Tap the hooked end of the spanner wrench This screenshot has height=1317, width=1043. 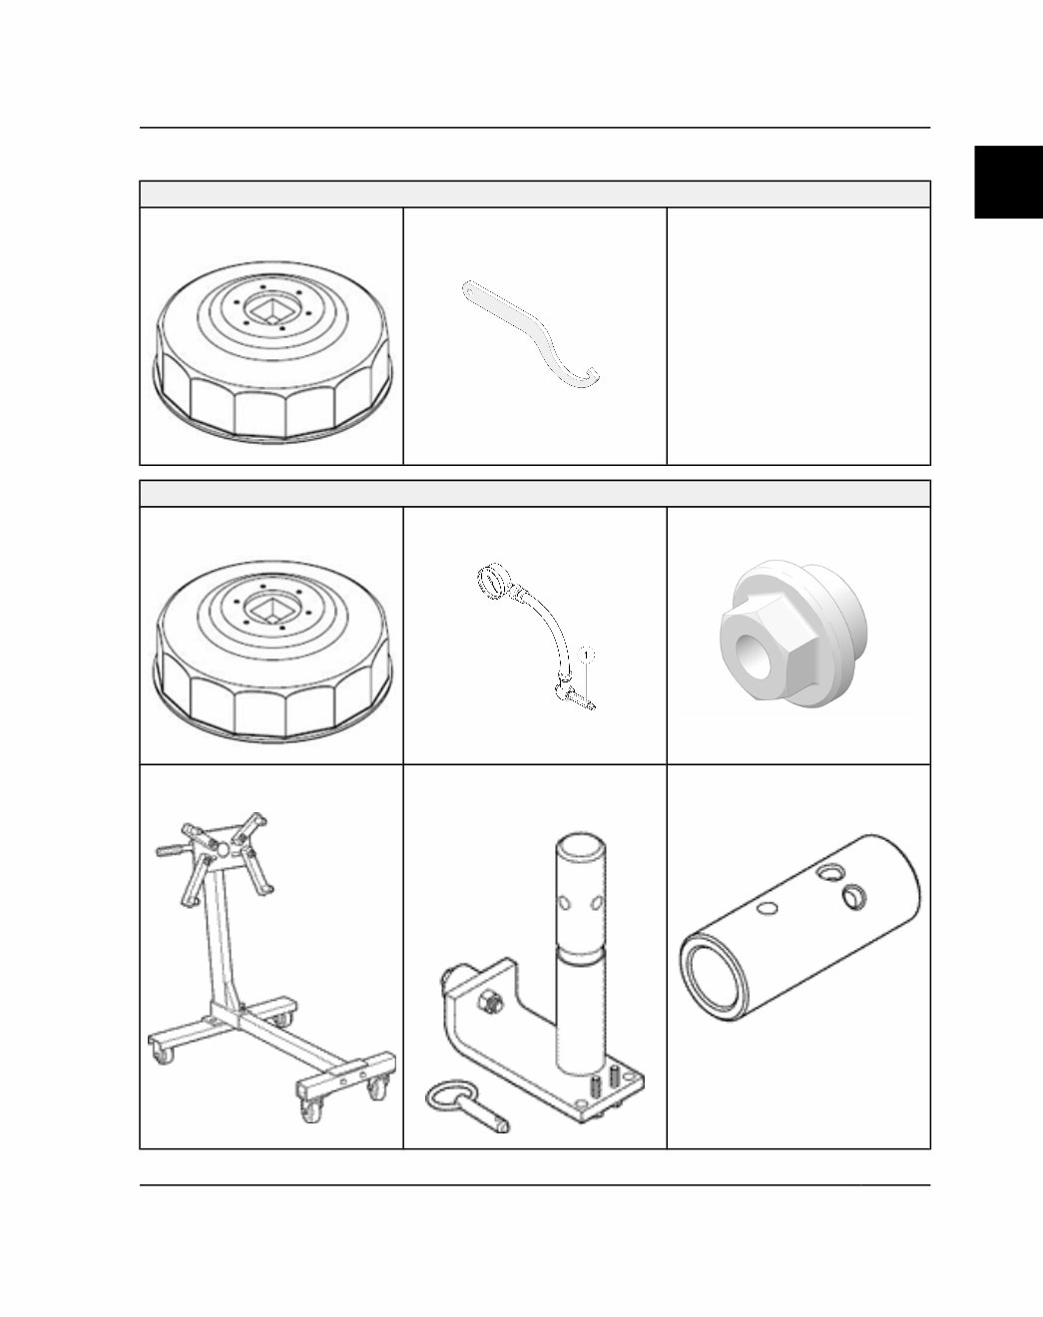590,376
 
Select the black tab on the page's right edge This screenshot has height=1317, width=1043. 1008,182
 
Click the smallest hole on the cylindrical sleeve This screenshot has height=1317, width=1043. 768,908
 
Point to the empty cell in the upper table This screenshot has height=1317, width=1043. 797,335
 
